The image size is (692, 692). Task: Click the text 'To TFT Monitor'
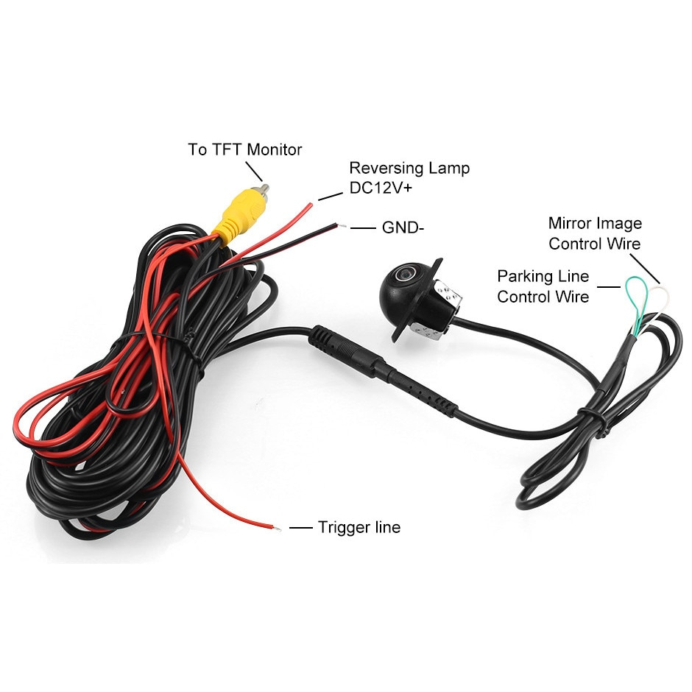click(x=245, y=149)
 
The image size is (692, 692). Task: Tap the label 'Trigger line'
click(x=359, y=527)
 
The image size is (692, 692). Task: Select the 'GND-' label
click(x=403, y=227)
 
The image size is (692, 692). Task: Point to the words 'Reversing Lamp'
click(x=409, y=168)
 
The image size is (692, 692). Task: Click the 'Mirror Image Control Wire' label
click(x=595, y=233)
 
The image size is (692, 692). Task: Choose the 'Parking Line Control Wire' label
click(x=543, y=286)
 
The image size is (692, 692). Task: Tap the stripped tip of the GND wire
click(x=341, y=225)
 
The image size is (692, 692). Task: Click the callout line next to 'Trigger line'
click(x=300, y=528)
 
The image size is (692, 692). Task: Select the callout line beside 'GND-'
click(x=362, y=227)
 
